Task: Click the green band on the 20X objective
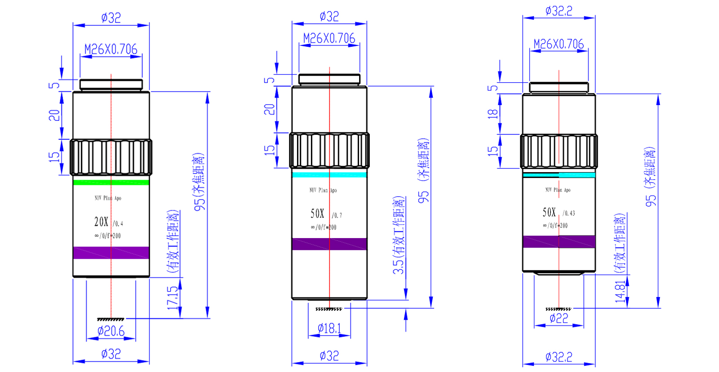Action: (111, 182)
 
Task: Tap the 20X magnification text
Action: (101, 221)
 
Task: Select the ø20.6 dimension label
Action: (111, 332)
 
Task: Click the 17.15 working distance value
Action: (173, 297)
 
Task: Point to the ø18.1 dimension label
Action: (329, 329)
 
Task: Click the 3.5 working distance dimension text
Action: (398, 265)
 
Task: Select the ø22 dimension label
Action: (559, 319)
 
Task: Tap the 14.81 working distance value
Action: (620, 292)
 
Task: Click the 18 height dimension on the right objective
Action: (493, 114)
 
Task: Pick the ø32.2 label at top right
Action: (559, 11)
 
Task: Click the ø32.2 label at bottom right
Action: (559, 357)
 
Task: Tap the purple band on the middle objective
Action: (329, 244)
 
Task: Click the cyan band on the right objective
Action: (559, 175)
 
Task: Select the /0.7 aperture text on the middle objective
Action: (337, 216)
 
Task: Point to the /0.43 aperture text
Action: (569, 213)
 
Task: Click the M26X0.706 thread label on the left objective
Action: (111, 49)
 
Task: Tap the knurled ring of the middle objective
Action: (329, 151)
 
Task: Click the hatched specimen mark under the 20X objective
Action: (111, 319)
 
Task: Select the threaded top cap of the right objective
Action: (559, 88)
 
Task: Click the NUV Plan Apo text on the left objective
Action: (108, 198)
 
